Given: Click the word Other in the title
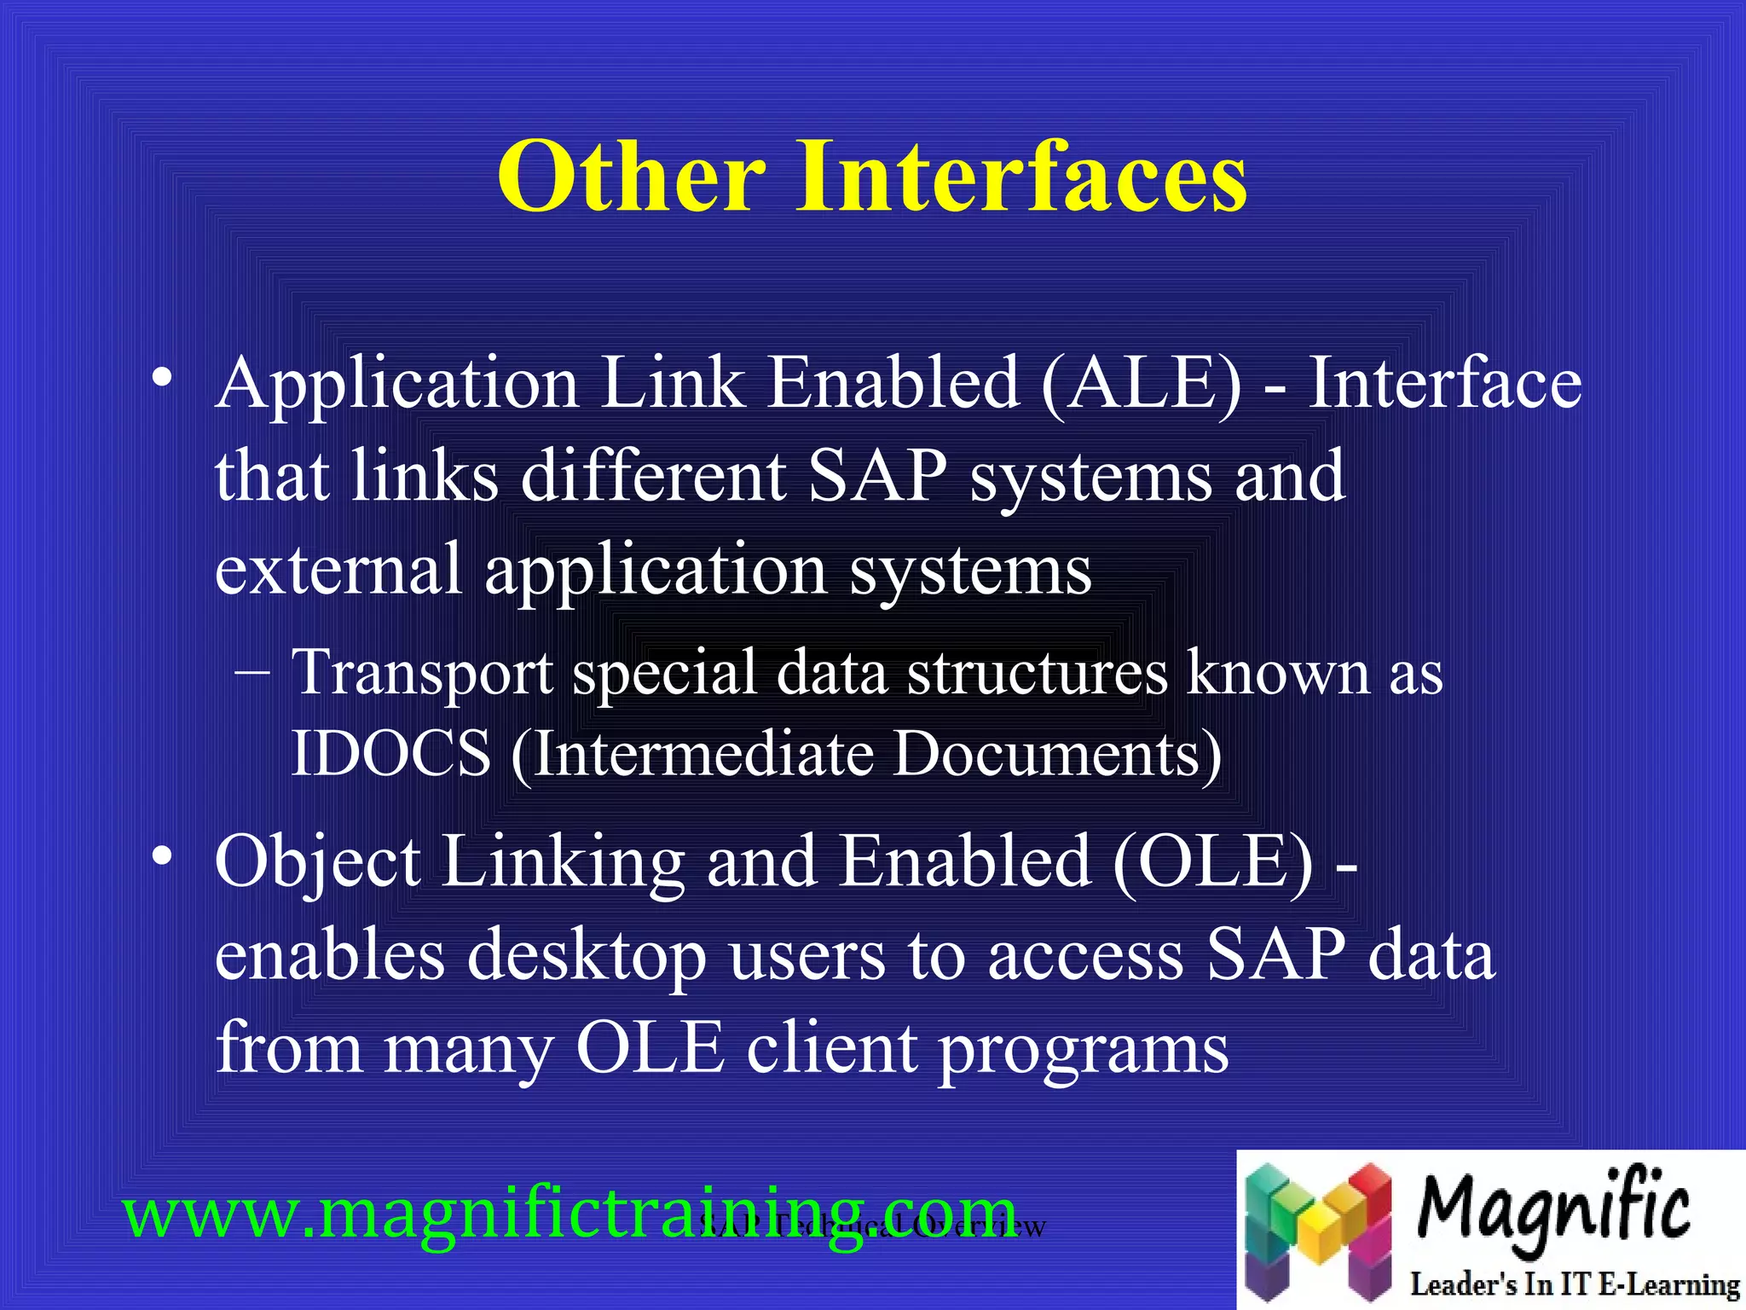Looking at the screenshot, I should [631, 177].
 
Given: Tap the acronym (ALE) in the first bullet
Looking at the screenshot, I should [1142, 384].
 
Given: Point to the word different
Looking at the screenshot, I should [653, 476].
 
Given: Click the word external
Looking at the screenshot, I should [338, 570].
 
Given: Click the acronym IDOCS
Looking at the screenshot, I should [390, 754].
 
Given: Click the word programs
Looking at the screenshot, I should [1083, 1049].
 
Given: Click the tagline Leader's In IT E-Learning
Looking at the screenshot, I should [1574, 1284].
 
